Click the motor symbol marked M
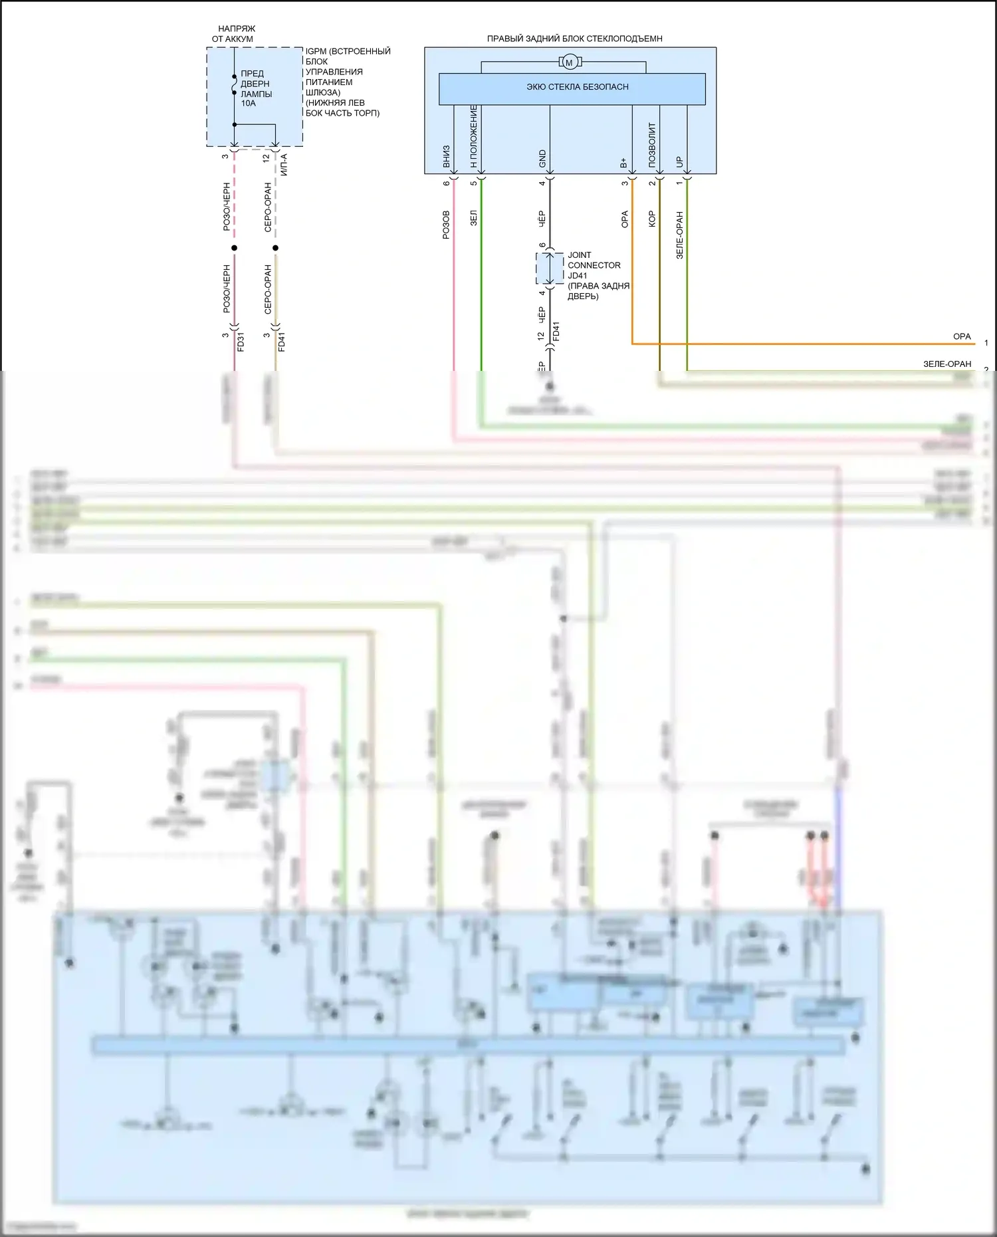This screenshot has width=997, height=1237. coord(569,62)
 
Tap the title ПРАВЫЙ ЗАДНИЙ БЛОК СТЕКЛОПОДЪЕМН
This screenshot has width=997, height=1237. coord(574,39)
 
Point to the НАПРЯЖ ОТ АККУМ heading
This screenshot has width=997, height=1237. coord(234,34)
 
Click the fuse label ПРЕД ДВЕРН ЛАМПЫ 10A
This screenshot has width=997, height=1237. coord(256,88)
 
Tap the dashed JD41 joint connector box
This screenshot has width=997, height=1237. coord(550,269)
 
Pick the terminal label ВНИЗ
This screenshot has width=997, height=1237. coord(447,157)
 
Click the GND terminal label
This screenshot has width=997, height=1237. coord(542,159)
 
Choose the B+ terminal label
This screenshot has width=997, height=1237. coord(623,162)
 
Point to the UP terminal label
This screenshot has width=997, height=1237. coord(679,162)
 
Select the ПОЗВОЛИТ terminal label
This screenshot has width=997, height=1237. coord(652,145)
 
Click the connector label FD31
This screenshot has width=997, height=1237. coord(241,342)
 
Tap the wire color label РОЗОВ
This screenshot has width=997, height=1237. coord(446,225)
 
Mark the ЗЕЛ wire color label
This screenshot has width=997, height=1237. coord(474,219)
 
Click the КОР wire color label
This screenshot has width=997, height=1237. coord(652,219)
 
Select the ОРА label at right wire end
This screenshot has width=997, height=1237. coord(962,336)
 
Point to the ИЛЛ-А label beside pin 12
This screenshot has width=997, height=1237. coord(284,164)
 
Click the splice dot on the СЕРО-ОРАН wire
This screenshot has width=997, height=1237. coord(275,248)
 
